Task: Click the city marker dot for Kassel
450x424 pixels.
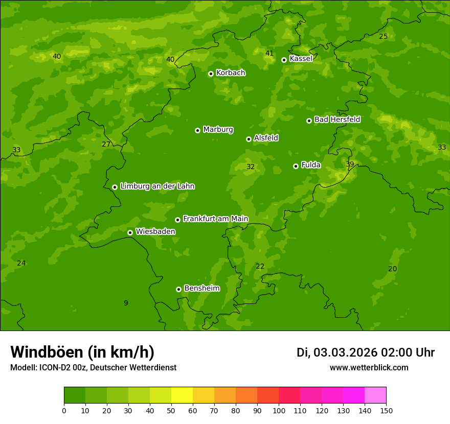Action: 284,60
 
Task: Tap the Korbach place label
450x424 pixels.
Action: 231,73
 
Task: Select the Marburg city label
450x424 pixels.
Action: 218,129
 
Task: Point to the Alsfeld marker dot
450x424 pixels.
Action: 249,139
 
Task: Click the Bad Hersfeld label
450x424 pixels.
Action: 337,120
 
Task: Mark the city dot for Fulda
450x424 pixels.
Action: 296,166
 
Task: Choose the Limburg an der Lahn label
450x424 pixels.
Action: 157,186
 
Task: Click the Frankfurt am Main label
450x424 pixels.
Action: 215,219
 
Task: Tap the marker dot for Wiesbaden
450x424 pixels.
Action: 130,232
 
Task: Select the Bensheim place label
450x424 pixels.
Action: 201,288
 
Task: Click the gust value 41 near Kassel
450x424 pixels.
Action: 269,53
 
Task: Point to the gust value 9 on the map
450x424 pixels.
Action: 126,303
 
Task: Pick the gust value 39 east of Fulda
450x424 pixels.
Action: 350,164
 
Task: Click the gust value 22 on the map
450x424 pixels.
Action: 260,266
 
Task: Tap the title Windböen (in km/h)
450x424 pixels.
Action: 82,352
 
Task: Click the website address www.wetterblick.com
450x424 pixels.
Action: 369,367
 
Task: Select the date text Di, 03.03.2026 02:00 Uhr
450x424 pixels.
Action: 365,352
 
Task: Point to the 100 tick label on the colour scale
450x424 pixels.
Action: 279,410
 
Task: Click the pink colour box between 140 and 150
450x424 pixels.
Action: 375,395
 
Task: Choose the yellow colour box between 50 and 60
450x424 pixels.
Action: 182,395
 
